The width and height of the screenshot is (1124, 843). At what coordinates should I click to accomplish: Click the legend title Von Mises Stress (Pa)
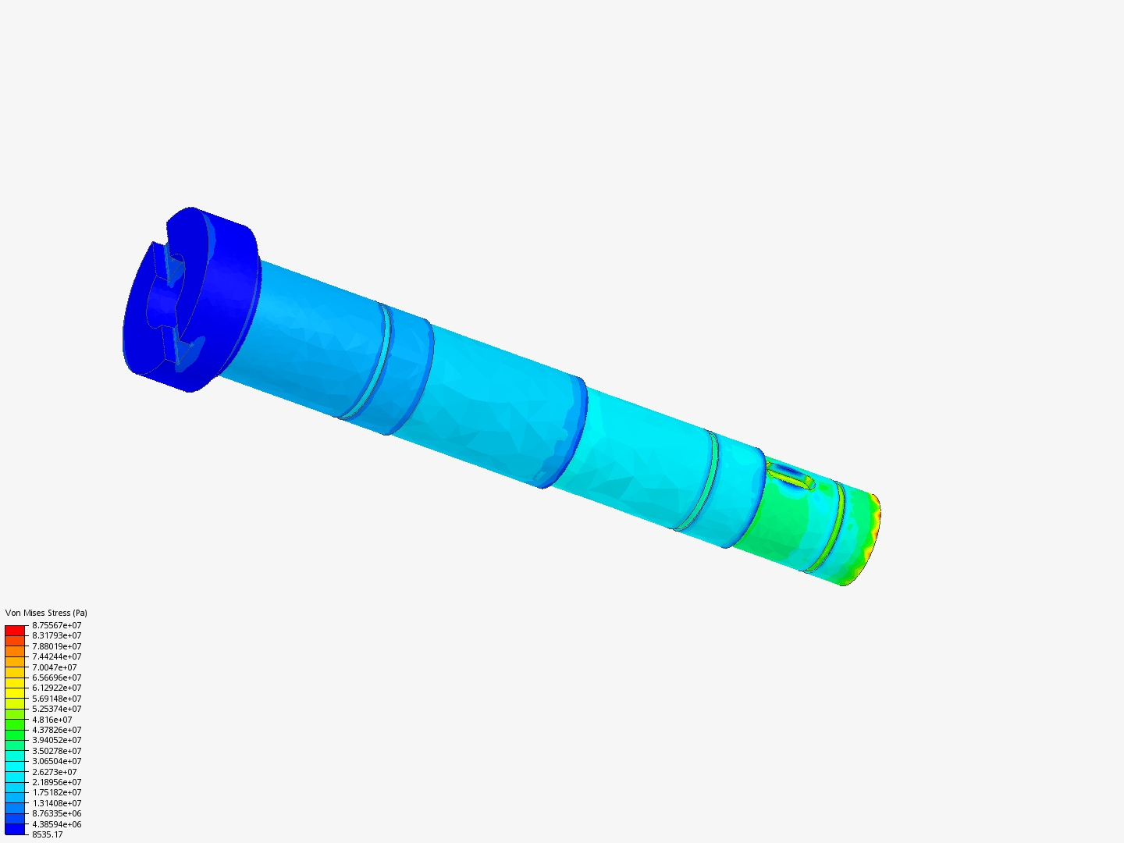pos(46,613)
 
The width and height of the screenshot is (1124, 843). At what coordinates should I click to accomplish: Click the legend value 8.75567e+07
pos(56,625)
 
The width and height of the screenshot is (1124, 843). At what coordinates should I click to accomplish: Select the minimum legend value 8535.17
pos(47,834)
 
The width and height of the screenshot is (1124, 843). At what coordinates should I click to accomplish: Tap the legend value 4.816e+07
pos(52,720)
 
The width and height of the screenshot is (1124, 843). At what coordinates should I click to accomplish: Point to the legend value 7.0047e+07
pos(54,667)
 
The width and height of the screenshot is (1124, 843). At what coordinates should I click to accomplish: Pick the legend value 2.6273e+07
pos(54,772)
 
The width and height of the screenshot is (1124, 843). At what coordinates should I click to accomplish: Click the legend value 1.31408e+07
pos(56,803)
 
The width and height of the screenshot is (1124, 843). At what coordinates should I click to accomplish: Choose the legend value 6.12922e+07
pos(56,688)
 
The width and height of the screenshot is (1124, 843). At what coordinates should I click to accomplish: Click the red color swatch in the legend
pos(15,630)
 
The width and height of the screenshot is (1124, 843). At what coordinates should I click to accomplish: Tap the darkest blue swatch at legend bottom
pos(15,829)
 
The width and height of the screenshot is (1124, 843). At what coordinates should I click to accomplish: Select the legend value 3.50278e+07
pos(56,751)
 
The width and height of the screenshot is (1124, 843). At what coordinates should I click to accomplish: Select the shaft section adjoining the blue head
pos(312,336)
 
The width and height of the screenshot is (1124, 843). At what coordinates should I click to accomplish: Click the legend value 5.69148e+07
pos(56,699)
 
